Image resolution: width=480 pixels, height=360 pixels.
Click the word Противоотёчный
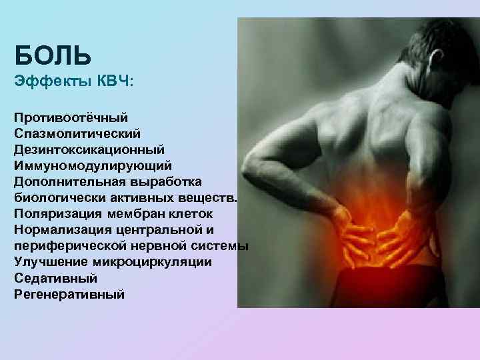click(x=70, y=117)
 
